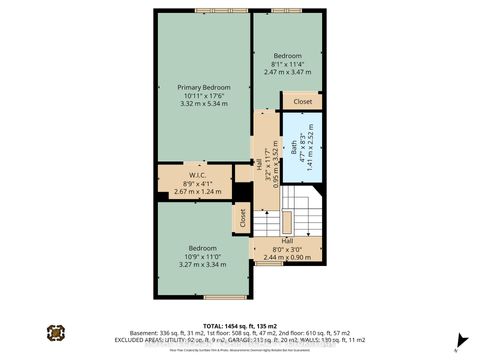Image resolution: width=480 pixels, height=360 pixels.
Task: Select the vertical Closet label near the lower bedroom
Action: (x=242, y=216)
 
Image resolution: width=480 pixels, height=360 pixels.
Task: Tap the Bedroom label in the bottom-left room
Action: (x=203, y=248)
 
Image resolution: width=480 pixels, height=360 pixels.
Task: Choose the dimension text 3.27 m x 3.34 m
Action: (x=203, y=265)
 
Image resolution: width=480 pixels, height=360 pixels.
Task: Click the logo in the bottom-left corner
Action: (x=55, y=332)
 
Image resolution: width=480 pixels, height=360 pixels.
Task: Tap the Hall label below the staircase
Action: (x=286, y=241)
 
